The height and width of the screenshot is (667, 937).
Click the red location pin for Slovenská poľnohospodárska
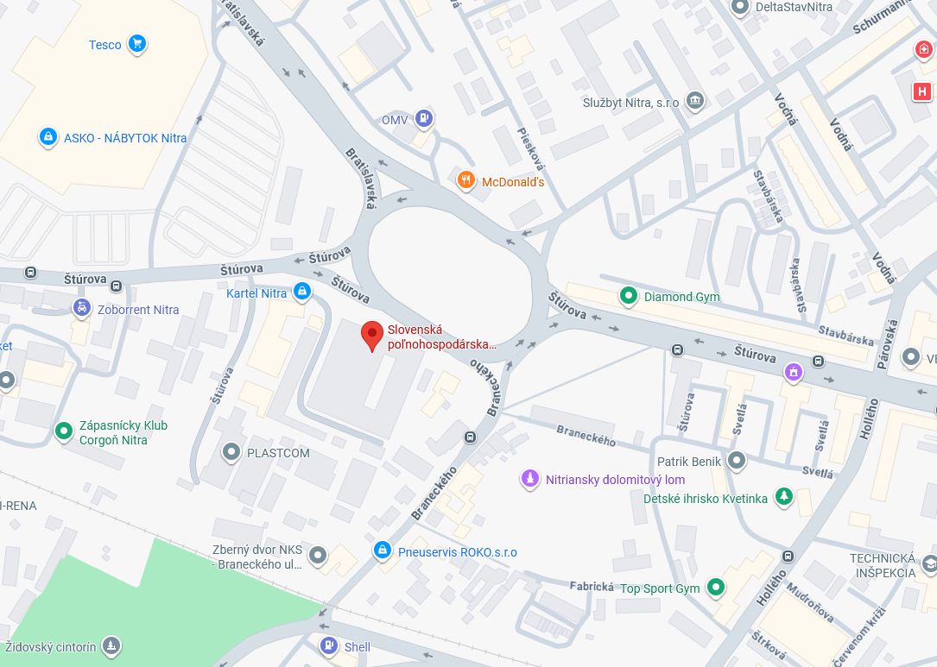point(371,335)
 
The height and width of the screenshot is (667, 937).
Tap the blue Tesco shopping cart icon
point(136,44)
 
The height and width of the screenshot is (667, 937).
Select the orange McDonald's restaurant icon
point(466,180)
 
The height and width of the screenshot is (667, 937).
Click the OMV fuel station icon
point(423,118)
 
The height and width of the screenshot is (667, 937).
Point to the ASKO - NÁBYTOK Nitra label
point(124,137)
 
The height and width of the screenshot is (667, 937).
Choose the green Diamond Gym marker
point(629,296)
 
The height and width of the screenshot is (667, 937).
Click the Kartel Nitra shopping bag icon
point(301,293)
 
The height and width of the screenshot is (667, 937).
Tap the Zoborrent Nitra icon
point(82,309)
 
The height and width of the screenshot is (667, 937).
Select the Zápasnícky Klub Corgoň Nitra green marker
point(63,431)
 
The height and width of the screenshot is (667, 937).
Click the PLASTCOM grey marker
point(231,451)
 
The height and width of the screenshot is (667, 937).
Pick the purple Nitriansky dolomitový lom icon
point(530,479)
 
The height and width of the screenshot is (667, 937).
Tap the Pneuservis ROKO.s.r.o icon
point(382,551)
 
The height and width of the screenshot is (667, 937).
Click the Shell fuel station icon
point(328,645)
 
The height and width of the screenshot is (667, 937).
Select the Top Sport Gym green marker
point(715,588)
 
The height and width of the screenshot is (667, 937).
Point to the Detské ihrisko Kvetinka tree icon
point(783,497)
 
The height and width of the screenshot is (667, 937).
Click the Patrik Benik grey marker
point(737,461)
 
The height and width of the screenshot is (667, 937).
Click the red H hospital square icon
point(922,91)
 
